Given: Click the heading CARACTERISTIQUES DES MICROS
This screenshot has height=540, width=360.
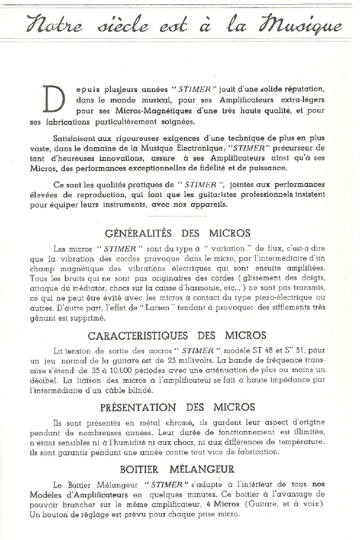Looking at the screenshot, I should (177, 335).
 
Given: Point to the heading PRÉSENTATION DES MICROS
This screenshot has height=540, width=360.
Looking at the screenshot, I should (178, 407).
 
